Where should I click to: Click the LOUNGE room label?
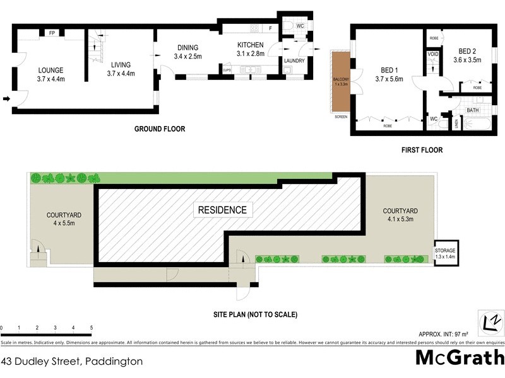[50, 70]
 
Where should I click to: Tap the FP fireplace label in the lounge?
[51, 33]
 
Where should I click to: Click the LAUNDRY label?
[294, 60]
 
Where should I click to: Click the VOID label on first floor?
[433, 55]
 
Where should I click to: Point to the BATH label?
[473, 110]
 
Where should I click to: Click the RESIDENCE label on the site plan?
[223, 210]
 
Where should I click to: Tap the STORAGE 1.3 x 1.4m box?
[448, 254]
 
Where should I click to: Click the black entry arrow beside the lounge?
[6, 98]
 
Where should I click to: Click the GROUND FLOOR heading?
[160, 129]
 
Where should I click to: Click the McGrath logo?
[459, 357]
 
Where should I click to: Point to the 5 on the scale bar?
[92, 328]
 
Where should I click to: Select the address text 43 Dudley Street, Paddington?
[71, 362]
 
